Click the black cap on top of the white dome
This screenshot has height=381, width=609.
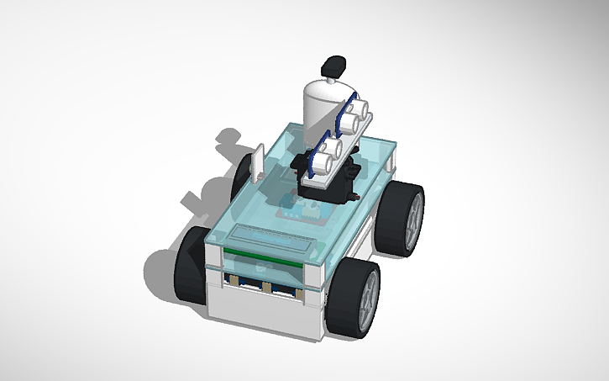[x=335, y=64]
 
